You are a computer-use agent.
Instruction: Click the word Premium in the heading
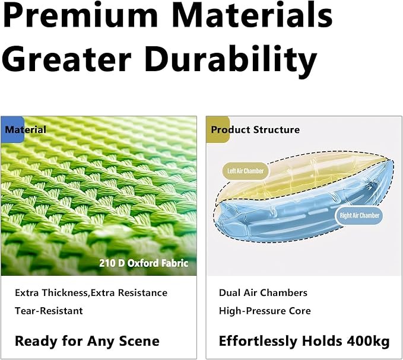(81, 15)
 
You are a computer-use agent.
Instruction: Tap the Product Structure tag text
(255, 130)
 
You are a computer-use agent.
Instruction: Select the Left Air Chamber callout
(246, 171)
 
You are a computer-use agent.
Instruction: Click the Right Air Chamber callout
(359, 215)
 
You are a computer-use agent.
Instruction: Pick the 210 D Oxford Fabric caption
(144, 263)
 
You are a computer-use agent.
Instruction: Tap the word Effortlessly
(258, 341)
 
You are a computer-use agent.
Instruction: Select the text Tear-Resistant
(49, 311)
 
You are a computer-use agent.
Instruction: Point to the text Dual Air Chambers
(263, 293)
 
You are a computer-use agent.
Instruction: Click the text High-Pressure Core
(265, 311)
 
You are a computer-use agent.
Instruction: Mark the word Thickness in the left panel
(65, 293)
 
